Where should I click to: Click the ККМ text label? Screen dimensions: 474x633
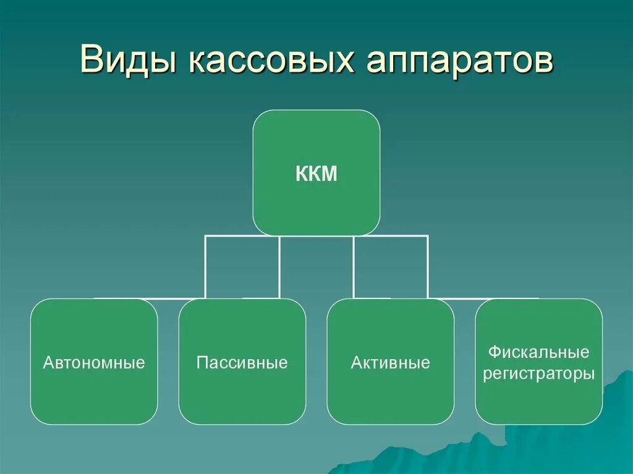click(316, 174)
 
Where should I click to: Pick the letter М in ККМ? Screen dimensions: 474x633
click(329, 174)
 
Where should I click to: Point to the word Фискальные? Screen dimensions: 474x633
click(538, 352)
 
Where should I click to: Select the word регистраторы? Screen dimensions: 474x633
click(538, 374)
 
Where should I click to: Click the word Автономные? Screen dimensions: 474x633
click(94, 362)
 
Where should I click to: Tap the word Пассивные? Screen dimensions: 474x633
click(242, 362)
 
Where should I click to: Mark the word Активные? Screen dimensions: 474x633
click(391, 362)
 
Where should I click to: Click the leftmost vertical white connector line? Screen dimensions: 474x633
click(206, 266)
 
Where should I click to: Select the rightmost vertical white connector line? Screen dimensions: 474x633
click(427, 266)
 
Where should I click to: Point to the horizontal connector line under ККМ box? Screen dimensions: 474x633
click(316, 235)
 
